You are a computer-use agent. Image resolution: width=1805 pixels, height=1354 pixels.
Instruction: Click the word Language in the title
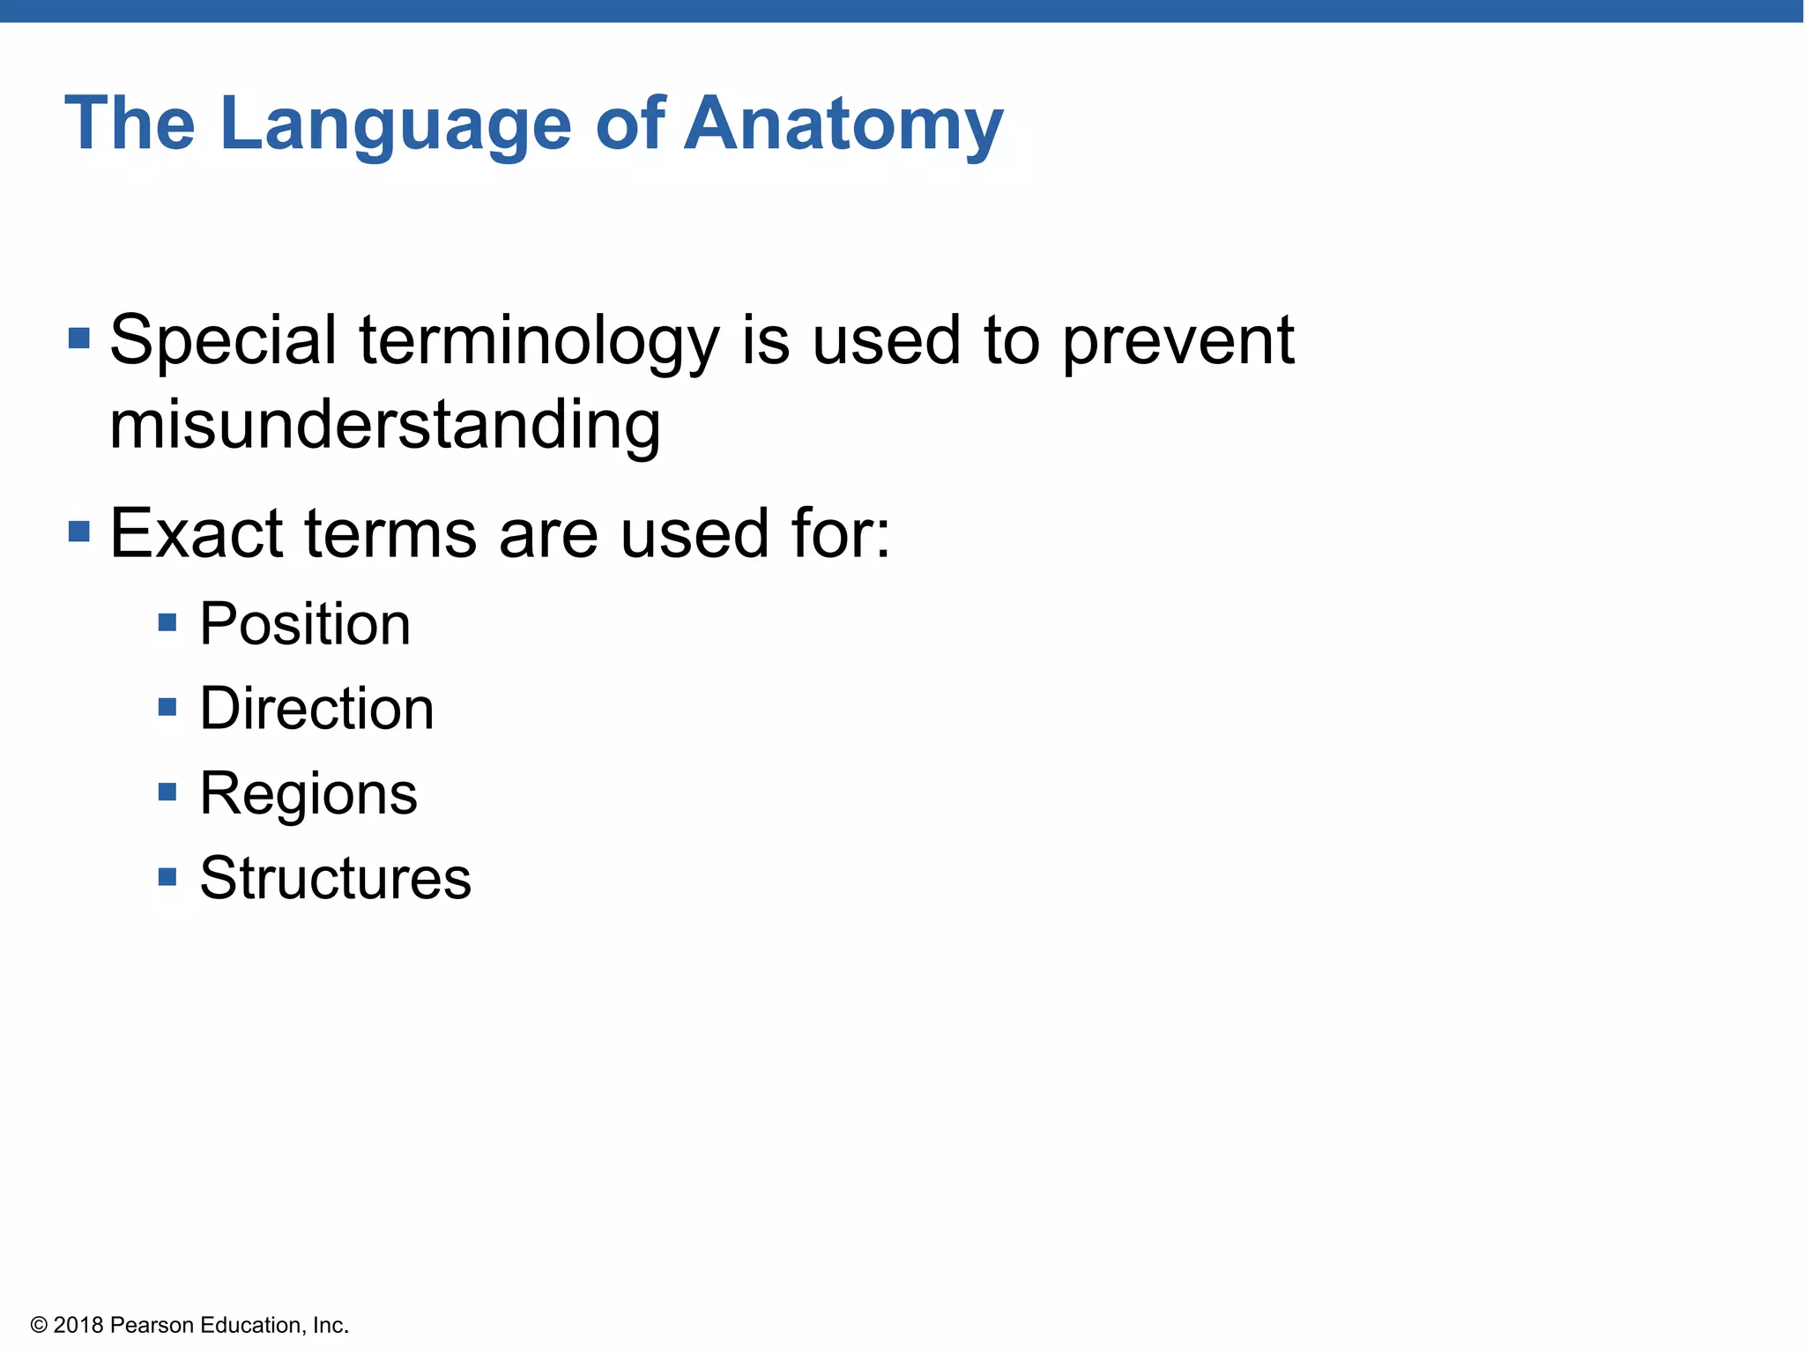pyautogui.click(x=396, y=125)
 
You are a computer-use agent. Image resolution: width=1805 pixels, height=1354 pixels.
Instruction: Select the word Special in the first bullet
pyautogui.click(x=223, y=341)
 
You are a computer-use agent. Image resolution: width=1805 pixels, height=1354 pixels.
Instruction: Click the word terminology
pyautogui.click(x=539, y=341)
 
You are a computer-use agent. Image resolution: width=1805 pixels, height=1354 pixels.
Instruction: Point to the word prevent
pyautogui.click(x=1177, y=341)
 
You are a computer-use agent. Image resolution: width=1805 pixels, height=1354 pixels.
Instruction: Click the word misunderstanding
pyautogui.click(x=384, y=425)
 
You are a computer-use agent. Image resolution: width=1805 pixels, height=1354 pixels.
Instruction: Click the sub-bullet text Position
pyautogui.click(x=305, y=624)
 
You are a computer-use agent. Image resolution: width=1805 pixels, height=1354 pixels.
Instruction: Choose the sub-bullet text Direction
pyautogui.click(x=316, y=709)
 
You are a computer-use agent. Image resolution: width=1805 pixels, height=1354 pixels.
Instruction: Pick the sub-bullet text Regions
pyautogui.click(x=308, y=793)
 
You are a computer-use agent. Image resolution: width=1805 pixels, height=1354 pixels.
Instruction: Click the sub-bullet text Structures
pyautogui.click(x=335, y=878)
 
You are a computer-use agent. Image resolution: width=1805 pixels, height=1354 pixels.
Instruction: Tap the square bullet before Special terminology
pyautogui.click(x=79, y=338)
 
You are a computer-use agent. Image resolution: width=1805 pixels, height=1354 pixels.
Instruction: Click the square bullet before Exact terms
pyautogui.click(x=79, y=532)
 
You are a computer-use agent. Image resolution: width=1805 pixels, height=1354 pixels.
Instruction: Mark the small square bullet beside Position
pyautogui.click(x=167, y=623)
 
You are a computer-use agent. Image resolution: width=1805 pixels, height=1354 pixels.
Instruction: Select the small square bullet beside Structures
pyautogui.click(x=167, y=877)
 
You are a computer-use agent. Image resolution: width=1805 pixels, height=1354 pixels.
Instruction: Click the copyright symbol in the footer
pyautogui.click(x=39, y=1325)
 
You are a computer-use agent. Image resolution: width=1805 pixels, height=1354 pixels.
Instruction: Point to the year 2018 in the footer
pyautogui.click(x=78, y=1325)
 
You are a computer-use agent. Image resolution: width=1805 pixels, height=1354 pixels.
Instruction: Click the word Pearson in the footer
pyautogui.click(x=152, y=1325)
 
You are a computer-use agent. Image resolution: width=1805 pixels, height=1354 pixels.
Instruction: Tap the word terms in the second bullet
pyautogui.click(x=390, y=533)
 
